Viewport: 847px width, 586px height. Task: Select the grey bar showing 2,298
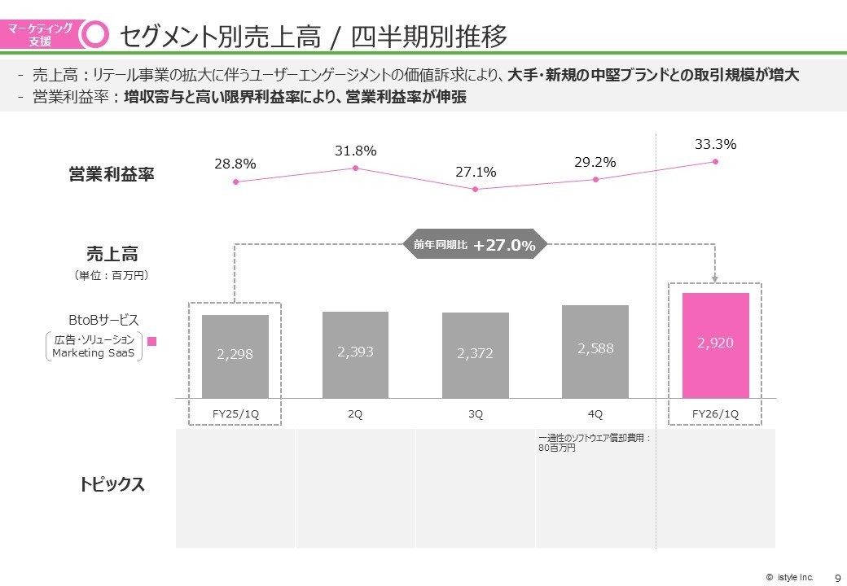pos(235,356)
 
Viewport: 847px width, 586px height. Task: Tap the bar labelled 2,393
pos(355,354)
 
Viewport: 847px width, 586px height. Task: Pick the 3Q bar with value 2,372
pos(476,355)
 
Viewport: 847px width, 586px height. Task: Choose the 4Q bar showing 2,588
pos(595,351)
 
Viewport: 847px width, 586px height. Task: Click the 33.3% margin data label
pos(715,145)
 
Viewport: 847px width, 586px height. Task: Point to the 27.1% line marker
pos(476,190)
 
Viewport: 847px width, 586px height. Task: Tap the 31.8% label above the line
pos(355,151)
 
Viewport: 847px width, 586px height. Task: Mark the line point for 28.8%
pos(235,181)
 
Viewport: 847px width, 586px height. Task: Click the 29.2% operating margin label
pos(595,163)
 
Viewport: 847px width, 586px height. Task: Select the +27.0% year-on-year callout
pos(475,244)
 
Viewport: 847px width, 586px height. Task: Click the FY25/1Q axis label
pos(235,414)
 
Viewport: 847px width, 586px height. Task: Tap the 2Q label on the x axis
pos(355,414)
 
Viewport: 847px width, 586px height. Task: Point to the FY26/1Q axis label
pos(715,414)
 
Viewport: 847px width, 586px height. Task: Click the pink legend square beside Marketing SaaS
pos(151,343)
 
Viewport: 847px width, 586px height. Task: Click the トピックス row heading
pos(112,485)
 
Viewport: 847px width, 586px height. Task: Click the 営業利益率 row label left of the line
pos(112,175)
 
